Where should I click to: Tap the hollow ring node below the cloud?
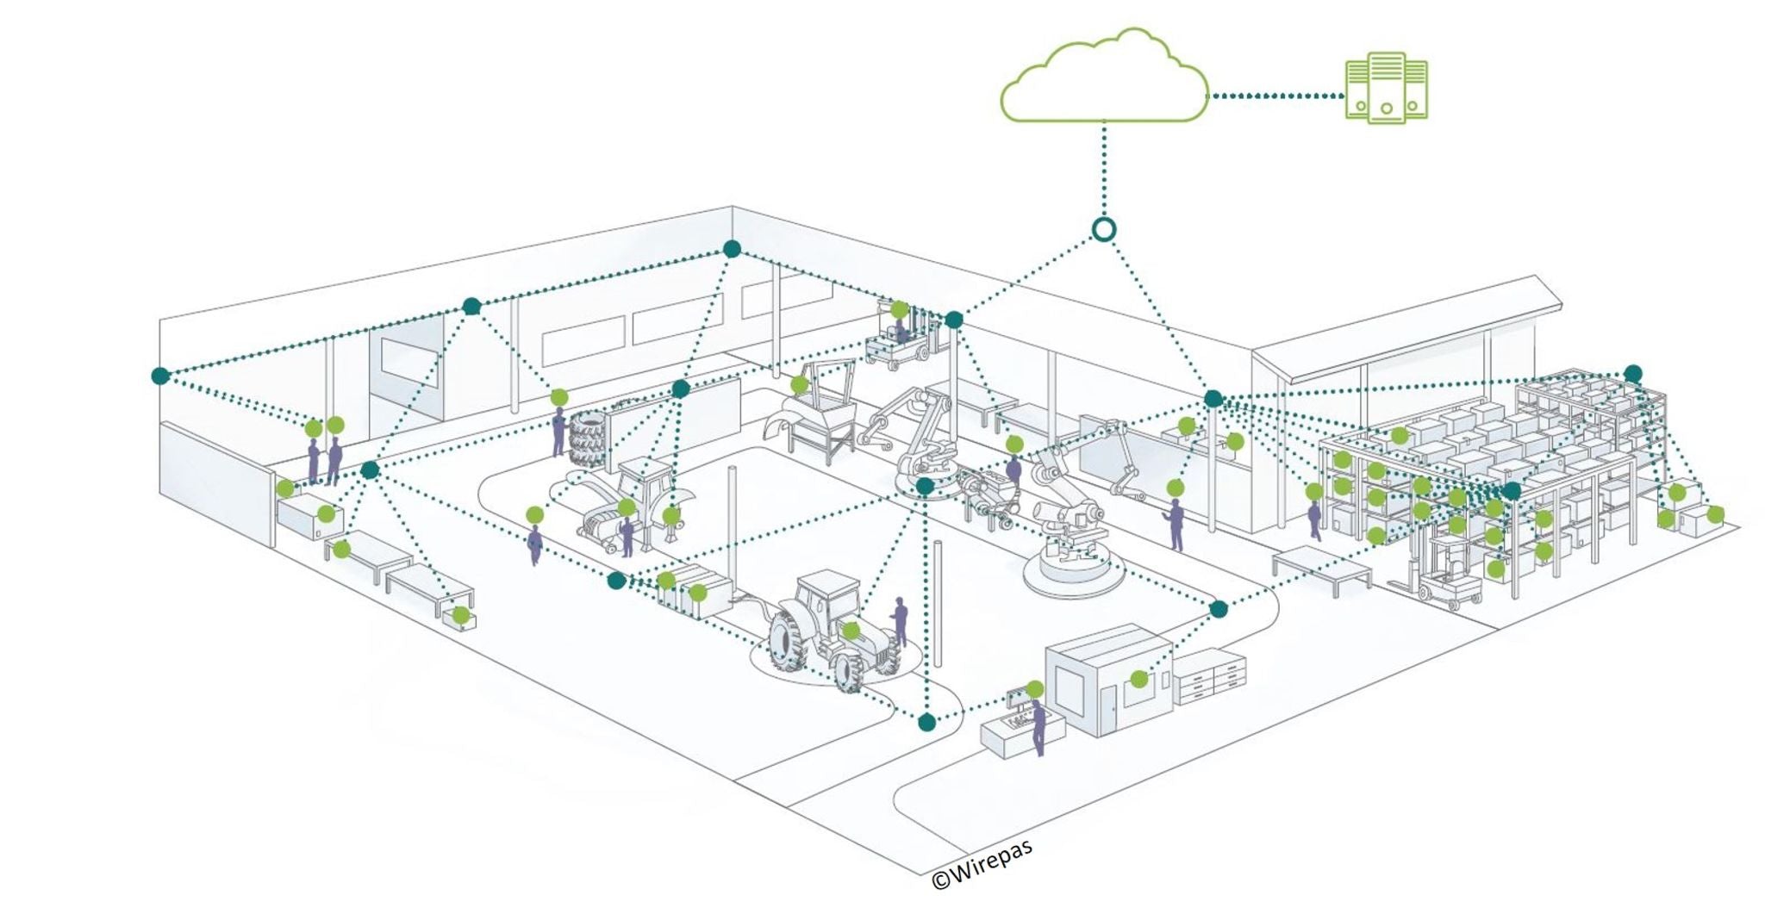[x=1104, y=229]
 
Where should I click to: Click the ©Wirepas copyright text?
[x=982, y=865]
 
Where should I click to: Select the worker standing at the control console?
[x=1038, y=728]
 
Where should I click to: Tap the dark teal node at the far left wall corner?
[x=160, y=376]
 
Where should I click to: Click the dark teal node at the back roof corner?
[x=732, y=249]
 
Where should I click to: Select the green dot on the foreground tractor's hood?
[x=851, y=631]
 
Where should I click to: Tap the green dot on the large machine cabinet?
[x=1139, y=679]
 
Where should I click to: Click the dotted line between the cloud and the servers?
[x=1275, y=96]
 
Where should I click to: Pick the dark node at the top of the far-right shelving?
[x=1632, y=373]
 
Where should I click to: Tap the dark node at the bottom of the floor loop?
[x=926, y=722]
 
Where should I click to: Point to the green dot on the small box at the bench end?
[x=461, y=614]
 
